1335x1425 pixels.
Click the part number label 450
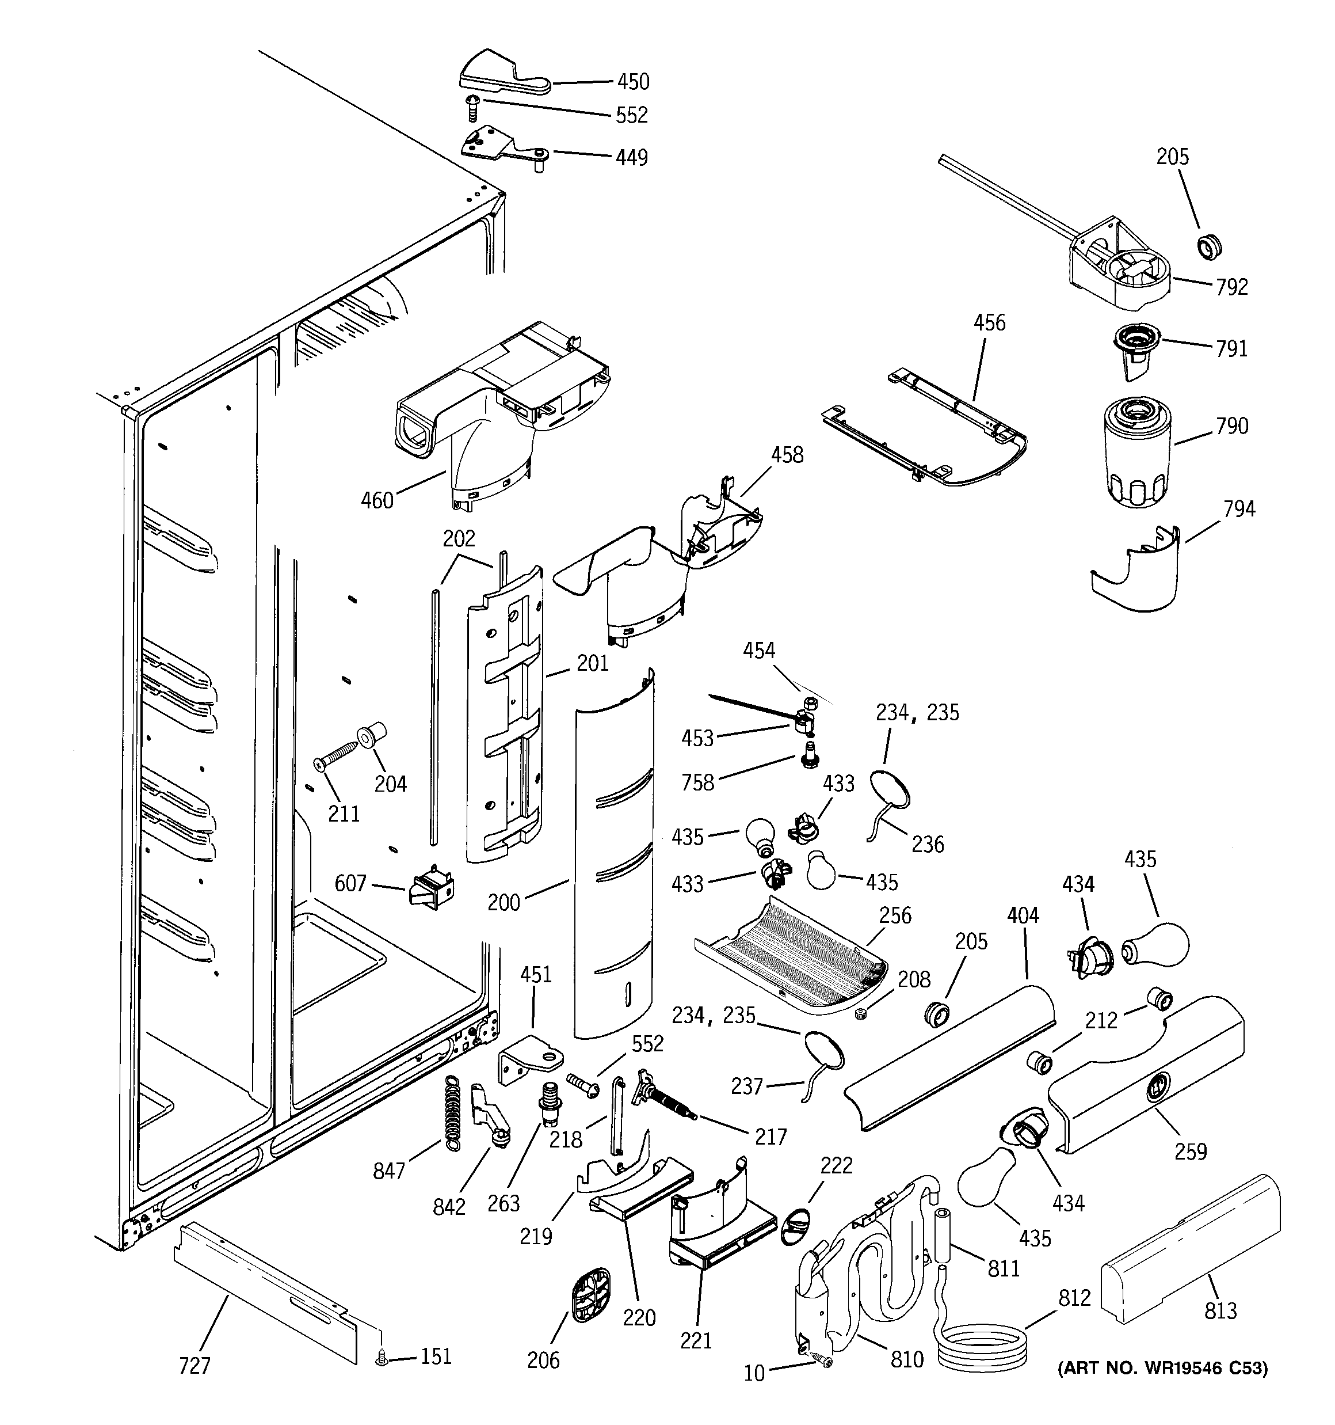[x=633, y=82]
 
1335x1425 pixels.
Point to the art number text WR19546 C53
[x=1162, y=1369]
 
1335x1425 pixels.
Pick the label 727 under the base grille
[x=194, y=1366]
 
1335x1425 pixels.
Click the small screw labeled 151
[x=382, y=1357]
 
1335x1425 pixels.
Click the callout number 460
[x=377, y=500]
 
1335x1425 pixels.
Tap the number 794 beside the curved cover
[x=1239, y=509]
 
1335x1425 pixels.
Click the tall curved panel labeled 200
[x=614, y=853]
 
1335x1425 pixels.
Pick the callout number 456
[x=989, y=322]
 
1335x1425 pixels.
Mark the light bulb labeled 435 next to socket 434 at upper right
[x=1154, y=945]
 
